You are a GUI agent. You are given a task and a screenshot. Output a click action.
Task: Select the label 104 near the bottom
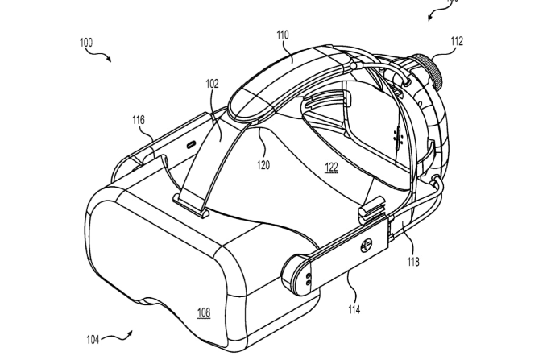(x=94, y=340)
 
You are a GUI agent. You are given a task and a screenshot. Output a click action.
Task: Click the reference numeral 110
(x=282, y=35)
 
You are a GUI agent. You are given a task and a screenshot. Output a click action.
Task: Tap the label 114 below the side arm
(x=354, y=308)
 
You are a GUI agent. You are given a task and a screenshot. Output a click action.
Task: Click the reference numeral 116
(x=139, y=120)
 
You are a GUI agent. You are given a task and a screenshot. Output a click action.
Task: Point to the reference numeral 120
(x=263, y=165)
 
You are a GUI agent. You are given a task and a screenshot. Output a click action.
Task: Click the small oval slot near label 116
(x=192, y=144)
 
